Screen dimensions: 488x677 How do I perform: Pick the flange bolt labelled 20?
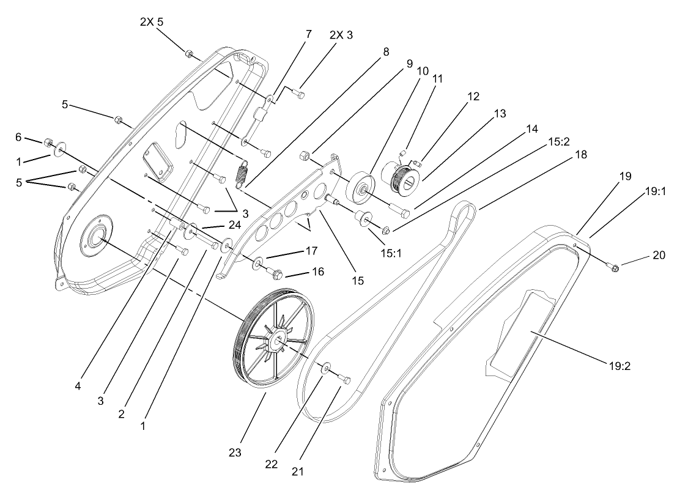click(613, 267)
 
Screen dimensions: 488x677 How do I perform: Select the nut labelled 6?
click(46, 143)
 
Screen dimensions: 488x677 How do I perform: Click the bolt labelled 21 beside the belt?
click(344, 380)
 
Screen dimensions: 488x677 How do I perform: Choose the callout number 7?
click(309, 34)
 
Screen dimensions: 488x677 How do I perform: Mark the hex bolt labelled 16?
click(276, 271)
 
